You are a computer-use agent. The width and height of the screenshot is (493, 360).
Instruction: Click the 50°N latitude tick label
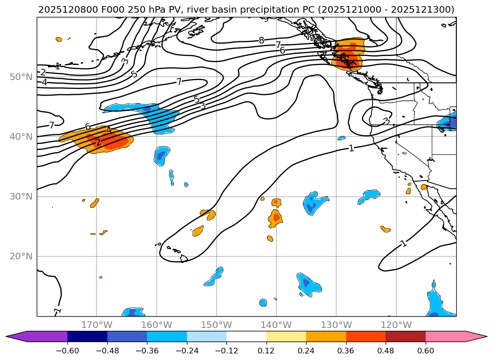click(x=20, y=77)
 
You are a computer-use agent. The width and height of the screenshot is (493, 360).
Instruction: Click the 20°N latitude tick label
click(x=20, y=256)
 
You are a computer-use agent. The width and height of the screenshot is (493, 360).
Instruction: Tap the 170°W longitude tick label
click(x=97, y=325)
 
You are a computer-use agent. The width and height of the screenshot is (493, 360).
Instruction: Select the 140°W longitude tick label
click(x=276, y=325)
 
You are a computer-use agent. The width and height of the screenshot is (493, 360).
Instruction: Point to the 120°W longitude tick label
click(x=396, y=325)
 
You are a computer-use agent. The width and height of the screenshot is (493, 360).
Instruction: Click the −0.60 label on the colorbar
click(x=67, y=351)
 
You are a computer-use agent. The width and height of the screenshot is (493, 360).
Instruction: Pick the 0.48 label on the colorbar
click(x=386, y=351)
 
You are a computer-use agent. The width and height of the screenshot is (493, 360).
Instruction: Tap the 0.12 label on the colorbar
click(x=267, y=351)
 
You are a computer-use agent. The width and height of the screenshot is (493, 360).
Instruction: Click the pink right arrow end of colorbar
click(x=476, y=336)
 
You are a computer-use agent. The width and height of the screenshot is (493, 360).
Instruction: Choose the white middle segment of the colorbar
click(x=246, y=336)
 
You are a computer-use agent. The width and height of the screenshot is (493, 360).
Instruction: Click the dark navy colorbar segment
click(x=87, y=336)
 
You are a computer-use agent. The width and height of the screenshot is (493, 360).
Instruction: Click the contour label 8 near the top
click(x=261, y=40)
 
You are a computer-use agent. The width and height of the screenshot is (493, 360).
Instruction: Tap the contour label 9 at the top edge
click(x=266, y=19)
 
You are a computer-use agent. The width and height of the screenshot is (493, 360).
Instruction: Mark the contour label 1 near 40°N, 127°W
click(x=351, y=148)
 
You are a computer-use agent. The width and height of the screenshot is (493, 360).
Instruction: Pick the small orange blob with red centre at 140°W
click(x=275, y=217)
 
